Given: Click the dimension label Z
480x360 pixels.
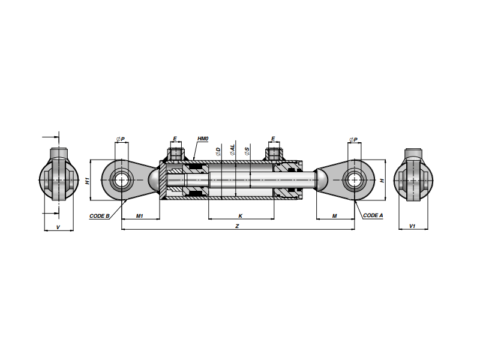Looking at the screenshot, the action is (x=237, y=226).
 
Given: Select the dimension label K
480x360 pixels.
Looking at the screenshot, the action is (x=241, y=216).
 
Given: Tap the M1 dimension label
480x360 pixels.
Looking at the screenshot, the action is (x=140, y=216).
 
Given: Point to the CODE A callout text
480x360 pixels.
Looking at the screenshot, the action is (x=373, y=215).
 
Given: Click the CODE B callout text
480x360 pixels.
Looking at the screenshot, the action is (x=100, y=216).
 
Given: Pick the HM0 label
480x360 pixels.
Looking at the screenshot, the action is (x=203, y=139).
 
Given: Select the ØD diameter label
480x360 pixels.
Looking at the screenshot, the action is (x=218, y=152).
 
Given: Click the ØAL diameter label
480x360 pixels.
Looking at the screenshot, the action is (x=233, y=149).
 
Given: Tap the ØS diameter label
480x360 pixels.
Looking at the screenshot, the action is (x=247, y=151).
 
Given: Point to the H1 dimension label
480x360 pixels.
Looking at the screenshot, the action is (x=88, y=181).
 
